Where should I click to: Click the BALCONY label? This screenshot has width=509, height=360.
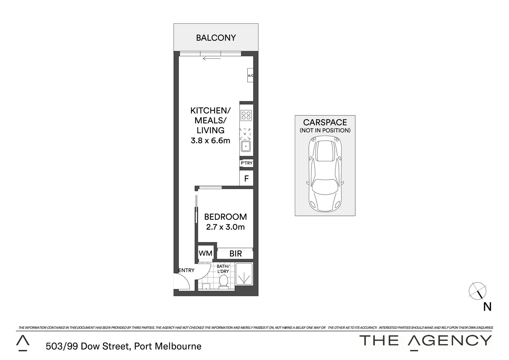tap(216, 38)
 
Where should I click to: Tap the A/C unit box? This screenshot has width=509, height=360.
tap(250, 76)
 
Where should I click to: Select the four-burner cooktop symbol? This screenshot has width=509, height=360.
tap(246, 115)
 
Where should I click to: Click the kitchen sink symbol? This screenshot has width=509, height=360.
tap(246, 146)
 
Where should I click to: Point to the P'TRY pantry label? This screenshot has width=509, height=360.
tap(247, 163)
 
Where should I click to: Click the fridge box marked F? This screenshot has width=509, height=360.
tap(247, 178)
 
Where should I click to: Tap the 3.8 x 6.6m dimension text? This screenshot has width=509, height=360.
tap(210, 141)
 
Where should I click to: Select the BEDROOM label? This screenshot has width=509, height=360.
tap(226, 217)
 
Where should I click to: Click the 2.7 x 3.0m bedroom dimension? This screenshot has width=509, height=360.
tap(226, 227)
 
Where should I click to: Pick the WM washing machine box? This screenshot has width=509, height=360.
tap(206, 253)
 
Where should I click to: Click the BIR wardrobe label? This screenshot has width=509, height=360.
tap(236, 254)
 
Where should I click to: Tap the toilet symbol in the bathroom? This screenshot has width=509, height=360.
tap(224, 282)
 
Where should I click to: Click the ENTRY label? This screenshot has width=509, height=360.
tap(186, 270)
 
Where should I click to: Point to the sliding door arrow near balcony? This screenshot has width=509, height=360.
tap(212, 59)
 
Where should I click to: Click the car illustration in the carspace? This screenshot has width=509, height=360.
tap(325, 175)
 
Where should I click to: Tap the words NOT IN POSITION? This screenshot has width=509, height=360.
tap(325, 130)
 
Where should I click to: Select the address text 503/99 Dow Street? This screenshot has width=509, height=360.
tap(88, 346)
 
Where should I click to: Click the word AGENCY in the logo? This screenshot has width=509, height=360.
tap(450, 340)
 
